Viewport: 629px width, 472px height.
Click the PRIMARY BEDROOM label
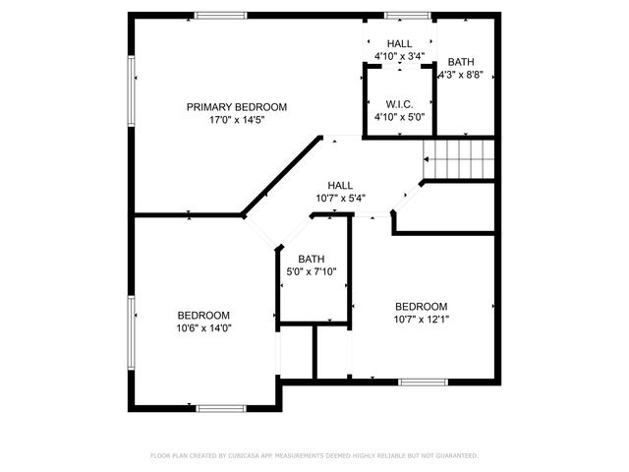pyautogui.click(x=237, y=106)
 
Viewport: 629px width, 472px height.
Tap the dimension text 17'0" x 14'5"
pyautogui.click(x=237, y=120)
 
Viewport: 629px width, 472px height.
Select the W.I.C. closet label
pyautogui.click(x=399, y=102)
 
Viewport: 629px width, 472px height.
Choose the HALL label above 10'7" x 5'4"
pyautogui.click(x=340, y=185)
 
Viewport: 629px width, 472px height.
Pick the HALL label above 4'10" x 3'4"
pyautogui.click(x=399, y=43)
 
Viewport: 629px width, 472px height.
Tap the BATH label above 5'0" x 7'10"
pyautogui.click(x=312, y=259)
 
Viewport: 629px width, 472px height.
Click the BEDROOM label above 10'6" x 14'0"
pyautogui.click(x=203, y=315)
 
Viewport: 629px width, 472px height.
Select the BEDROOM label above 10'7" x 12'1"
pyautogui.click(x=421, y=306)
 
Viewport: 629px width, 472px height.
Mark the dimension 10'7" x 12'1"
pyautogui.click(x=421, y=319)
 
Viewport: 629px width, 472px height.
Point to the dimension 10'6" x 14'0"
pyautogui.click(x=203, y=327)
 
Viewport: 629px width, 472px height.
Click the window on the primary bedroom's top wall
pyautogui.click(x=220, y=15)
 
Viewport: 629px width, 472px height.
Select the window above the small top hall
pyautogui.click(x=400, y=15)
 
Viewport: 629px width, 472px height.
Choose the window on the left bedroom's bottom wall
pyautogui.click(x=221, y=407)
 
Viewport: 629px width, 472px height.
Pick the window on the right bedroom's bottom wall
pyautogui.click(x=423, y=382)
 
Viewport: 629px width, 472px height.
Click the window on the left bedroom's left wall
pyautogui.click(x=131, y=332)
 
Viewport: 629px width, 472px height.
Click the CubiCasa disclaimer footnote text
pyautogui.click(x=314, y=456)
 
